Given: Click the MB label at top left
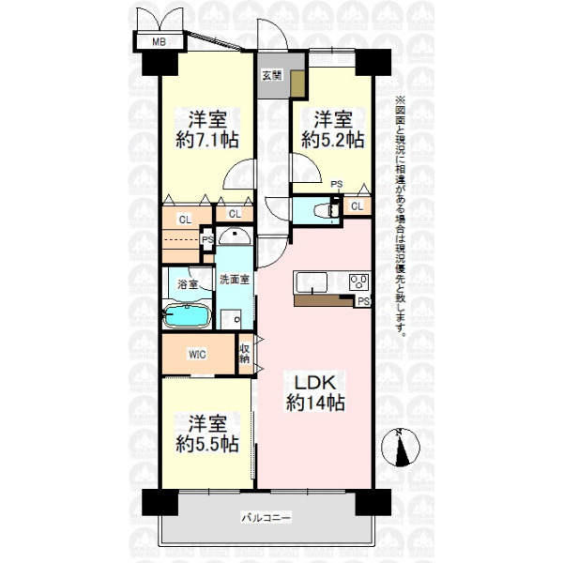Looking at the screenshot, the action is point(160,42).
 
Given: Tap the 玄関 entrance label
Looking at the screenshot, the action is point(272,75).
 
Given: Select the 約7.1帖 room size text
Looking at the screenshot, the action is point(207,140).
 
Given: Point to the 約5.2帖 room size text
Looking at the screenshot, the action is point(333,140).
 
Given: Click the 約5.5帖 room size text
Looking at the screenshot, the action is point(207,445).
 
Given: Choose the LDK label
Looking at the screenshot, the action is point(315,383).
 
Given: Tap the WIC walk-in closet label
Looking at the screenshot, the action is point(197,355).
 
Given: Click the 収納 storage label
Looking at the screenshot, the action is point(245,354).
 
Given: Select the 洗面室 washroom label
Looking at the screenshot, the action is point(235,280).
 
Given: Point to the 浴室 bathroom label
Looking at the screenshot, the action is point(188,284).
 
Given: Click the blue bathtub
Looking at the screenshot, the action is point(187,315).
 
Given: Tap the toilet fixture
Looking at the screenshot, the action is point(327,210).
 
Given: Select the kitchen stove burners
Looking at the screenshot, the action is point(358,281).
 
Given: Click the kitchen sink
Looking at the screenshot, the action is point(311,282).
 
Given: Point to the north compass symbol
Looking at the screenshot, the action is point(400,448).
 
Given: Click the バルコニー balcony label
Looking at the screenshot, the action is point(266,518).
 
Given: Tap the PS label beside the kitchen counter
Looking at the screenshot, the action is point(364,301).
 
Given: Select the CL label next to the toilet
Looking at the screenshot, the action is point(357,206).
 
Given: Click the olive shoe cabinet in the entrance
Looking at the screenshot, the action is point(297,84).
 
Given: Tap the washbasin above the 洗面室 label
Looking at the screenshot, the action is point(235,236).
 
